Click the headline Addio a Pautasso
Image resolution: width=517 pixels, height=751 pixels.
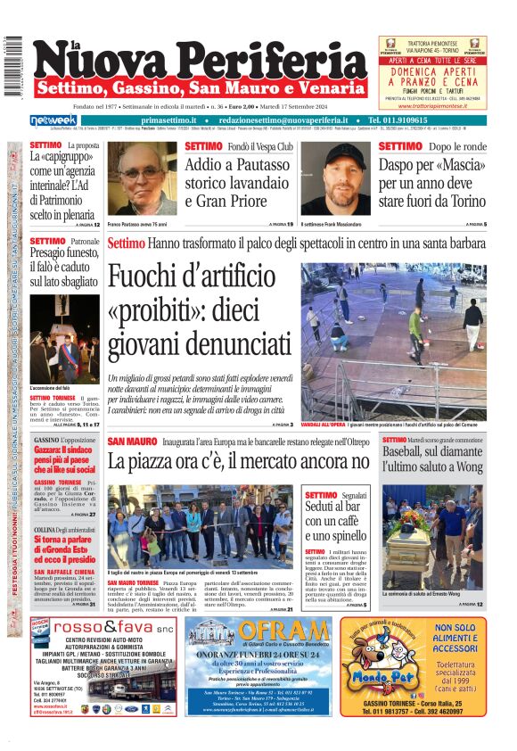(233, 165)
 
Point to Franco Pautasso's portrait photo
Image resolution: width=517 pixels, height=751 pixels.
(142, 178)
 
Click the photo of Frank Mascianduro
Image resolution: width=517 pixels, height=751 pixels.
(335, 178)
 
